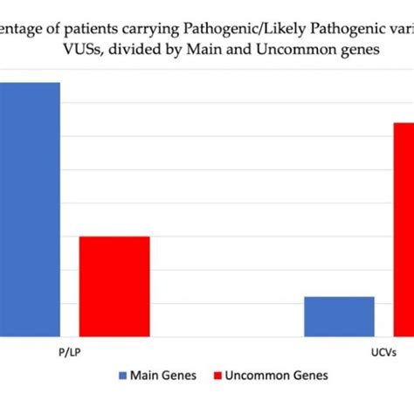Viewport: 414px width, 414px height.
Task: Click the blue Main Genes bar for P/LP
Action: [x=30, y=210]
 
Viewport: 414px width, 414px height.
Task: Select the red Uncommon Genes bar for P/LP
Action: [x=114, y=286]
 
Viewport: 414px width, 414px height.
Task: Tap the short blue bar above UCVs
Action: [x=339, y=316]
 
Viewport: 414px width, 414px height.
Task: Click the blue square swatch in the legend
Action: [x=121, y=375]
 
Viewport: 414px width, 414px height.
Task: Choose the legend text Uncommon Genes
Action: [x=277, y=375]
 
